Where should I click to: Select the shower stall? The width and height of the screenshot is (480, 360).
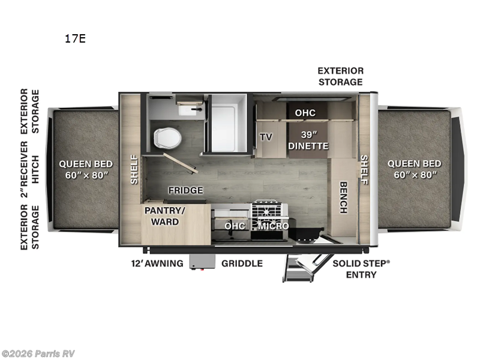pyautogui.click(x=226, y=123)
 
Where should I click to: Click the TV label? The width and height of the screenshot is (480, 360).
pyautogui.click(x=266, y=137)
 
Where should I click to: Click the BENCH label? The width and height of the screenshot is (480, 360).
pyautogui.click(x=343, y=197)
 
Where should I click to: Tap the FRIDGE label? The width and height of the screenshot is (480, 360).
pyautogui.click(x=185, y=190)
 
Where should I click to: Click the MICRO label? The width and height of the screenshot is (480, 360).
pyautogui.click(x=274, y=226)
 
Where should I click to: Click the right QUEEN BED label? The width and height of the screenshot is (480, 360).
pyautogui.click(x=414, y=169)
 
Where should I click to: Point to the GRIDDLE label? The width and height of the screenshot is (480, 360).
pyautogui.click(x=242, y=263)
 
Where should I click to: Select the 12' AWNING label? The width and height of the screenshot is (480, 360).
pyautogui.click(x=157, y=263)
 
